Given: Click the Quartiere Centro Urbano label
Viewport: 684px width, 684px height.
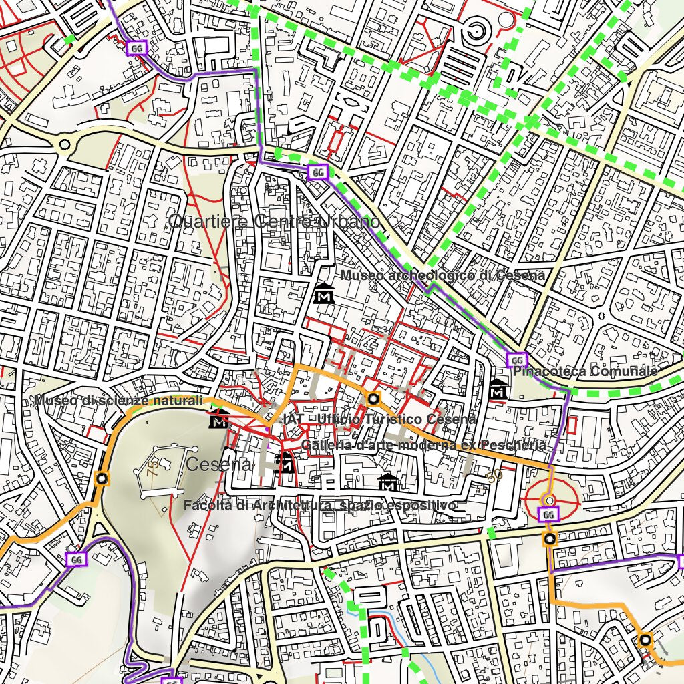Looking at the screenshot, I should point(275,222).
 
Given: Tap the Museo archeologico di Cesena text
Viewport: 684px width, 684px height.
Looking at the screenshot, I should point(442,275).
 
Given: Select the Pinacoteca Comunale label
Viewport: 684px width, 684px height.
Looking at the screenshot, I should point(585,371).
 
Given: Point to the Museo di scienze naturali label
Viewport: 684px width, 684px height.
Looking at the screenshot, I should point(119,401).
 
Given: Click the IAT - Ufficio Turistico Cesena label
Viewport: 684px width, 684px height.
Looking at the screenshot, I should point(379,419).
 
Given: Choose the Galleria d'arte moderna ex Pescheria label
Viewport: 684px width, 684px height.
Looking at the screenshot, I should point(423,445).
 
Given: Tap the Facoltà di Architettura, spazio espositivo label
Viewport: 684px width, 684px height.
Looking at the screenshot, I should point(320,506).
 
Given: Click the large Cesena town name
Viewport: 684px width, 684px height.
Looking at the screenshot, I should point(219,465).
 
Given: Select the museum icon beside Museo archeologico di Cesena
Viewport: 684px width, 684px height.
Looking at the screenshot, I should point(325,293).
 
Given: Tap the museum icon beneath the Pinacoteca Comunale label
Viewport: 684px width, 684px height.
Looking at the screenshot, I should point(498,391).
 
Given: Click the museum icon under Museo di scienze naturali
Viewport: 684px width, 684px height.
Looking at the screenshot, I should point(218,421).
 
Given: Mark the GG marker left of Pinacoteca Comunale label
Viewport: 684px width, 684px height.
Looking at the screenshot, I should point(516,360).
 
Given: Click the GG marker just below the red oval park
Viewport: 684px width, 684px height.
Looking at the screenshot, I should point(548,514).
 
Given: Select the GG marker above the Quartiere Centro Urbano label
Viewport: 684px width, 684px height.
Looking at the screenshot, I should point(318,172).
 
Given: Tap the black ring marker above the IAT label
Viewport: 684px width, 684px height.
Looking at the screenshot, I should point(373,399).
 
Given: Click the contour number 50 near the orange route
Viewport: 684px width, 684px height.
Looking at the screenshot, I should point(494,476).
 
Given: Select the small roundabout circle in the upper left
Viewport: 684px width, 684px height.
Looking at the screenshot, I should point(65,144).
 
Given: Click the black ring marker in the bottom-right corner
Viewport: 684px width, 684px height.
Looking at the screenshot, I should point(645,640).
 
